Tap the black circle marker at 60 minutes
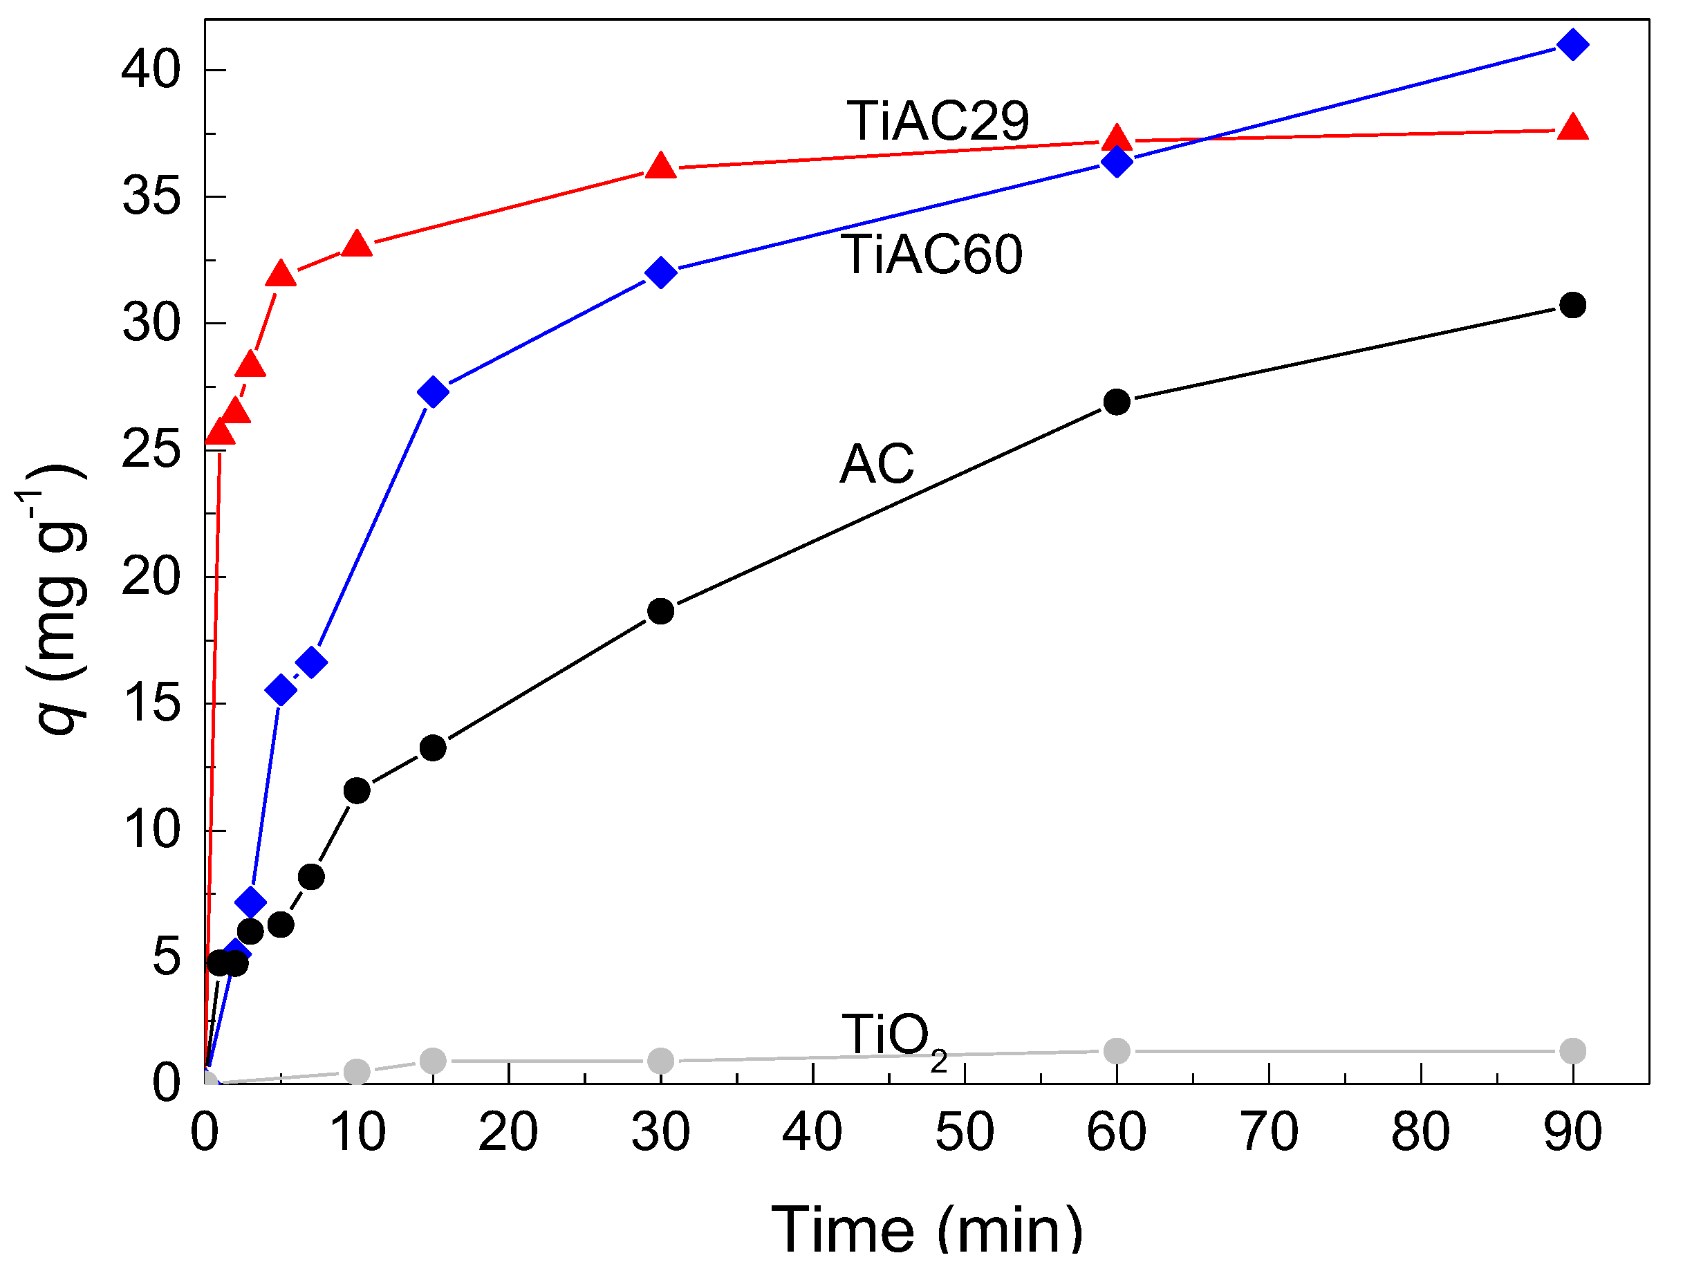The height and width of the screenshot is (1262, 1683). pos(1116,402)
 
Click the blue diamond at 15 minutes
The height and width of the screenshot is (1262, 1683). pos(433,392)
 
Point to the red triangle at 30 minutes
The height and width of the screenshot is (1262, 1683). pos(660,165)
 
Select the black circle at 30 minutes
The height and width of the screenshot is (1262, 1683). pos(660,611)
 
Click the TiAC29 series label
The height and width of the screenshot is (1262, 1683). pos(938,121)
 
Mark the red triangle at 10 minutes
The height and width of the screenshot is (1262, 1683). pos(357,244)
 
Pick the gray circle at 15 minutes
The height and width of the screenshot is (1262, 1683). pos(433,1060)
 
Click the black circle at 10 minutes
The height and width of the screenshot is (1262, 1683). pos(357,790)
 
